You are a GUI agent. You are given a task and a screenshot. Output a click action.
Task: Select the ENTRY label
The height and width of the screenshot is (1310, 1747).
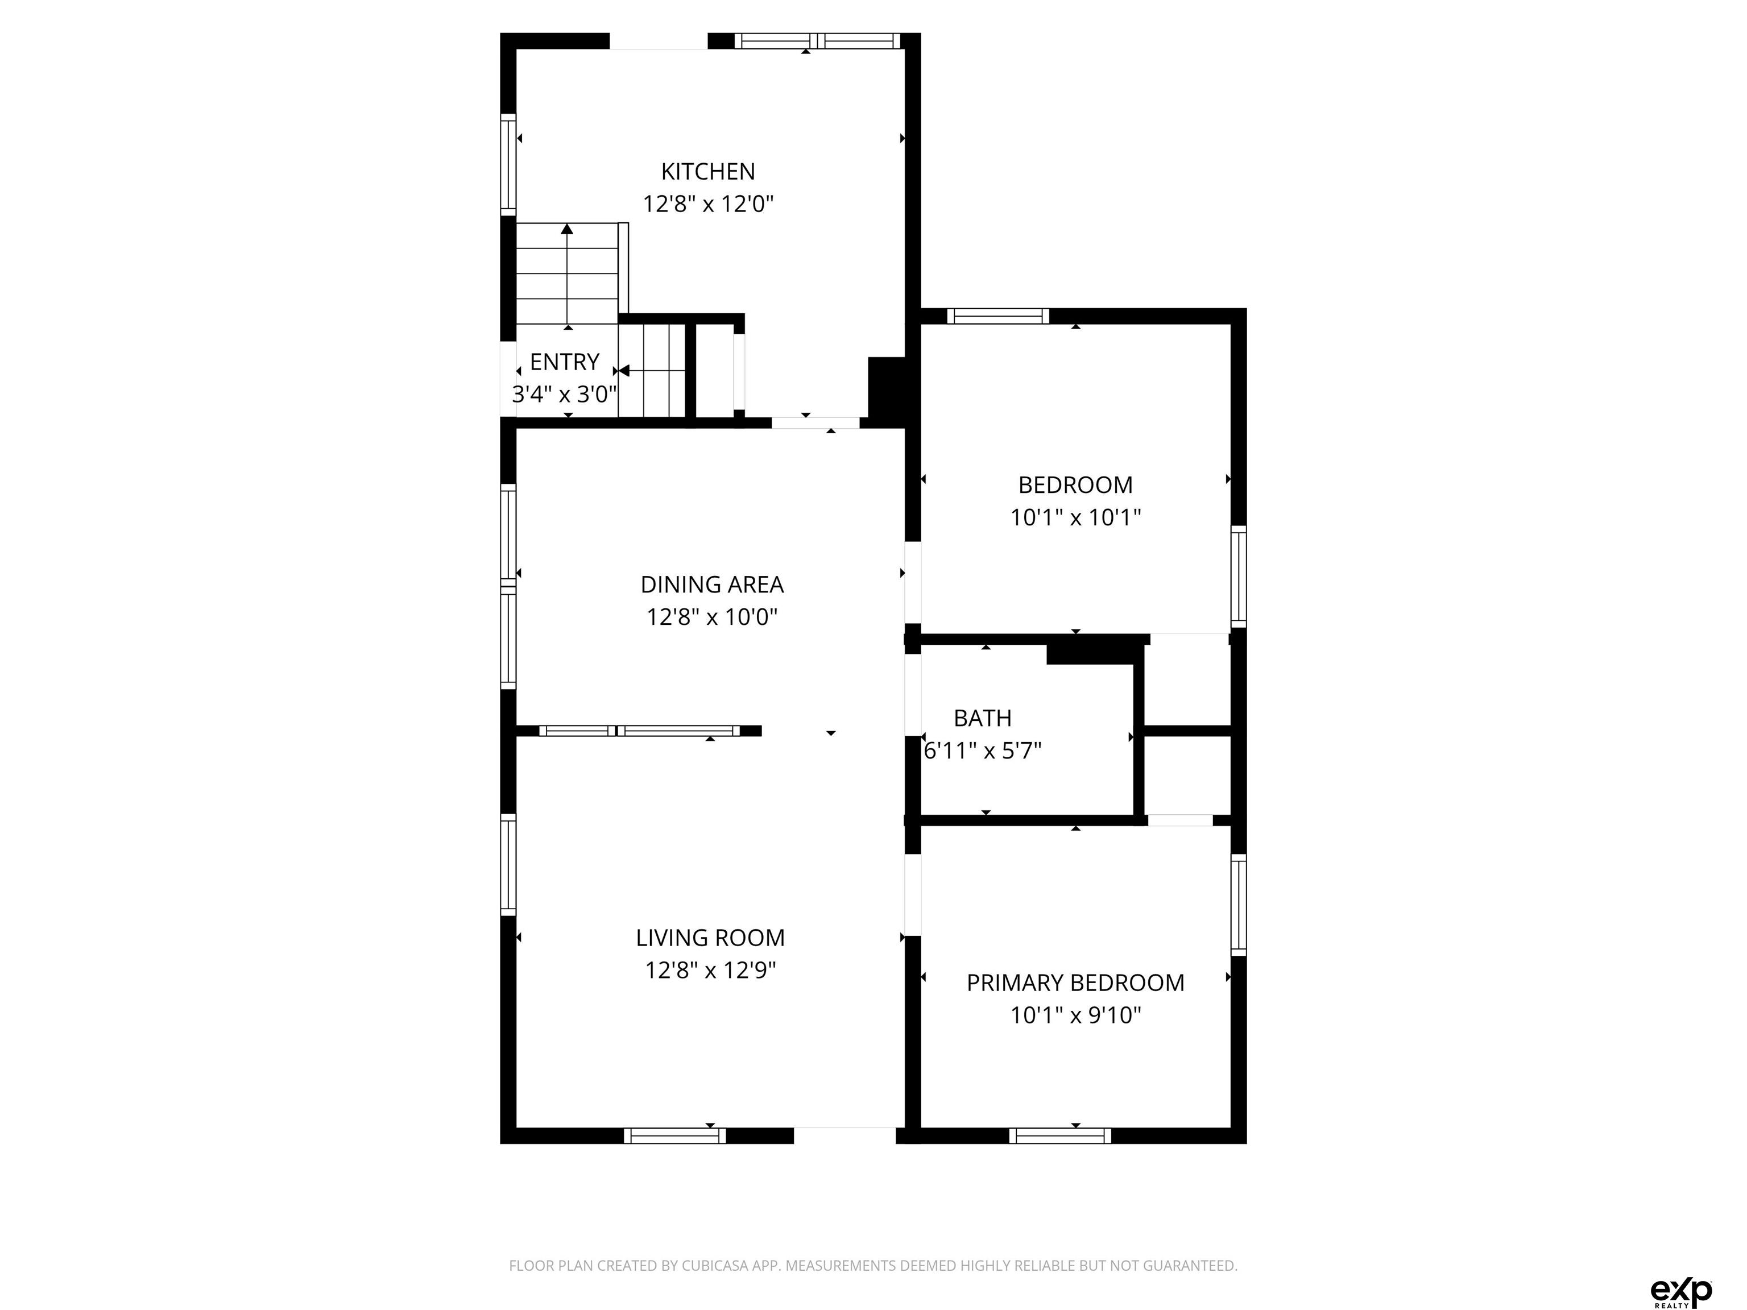[x=564, y=362]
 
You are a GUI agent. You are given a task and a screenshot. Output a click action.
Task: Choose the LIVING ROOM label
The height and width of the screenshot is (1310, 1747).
[x=710, y=937]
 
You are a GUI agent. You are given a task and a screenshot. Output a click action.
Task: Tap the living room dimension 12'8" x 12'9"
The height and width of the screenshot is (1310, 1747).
[x=710, y=969]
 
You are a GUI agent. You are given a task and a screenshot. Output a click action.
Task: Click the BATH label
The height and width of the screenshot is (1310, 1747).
[x=983, y=718]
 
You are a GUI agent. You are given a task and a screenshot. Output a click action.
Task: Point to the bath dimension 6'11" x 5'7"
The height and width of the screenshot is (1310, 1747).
[x=983, y=750]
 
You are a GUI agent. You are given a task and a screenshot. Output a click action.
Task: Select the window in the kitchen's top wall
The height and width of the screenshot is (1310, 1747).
[x=817, y=41]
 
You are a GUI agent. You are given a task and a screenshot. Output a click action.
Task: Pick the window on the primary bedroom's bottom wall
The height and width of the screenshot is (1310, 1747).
[x=1060, y=1135]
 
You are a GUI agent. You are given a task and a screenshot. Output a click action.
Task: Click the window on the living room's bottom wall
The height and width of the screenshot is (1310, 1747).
[x=674, y=1135]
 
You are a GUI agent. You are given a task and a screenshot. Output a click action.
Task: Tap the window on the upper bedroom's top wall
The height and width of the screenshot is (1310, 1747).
[x=998, y=316]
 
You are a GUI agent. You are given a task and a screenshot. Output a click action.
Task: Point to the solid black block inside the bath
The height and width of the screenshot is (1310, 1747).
[x=1095, y=654]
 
